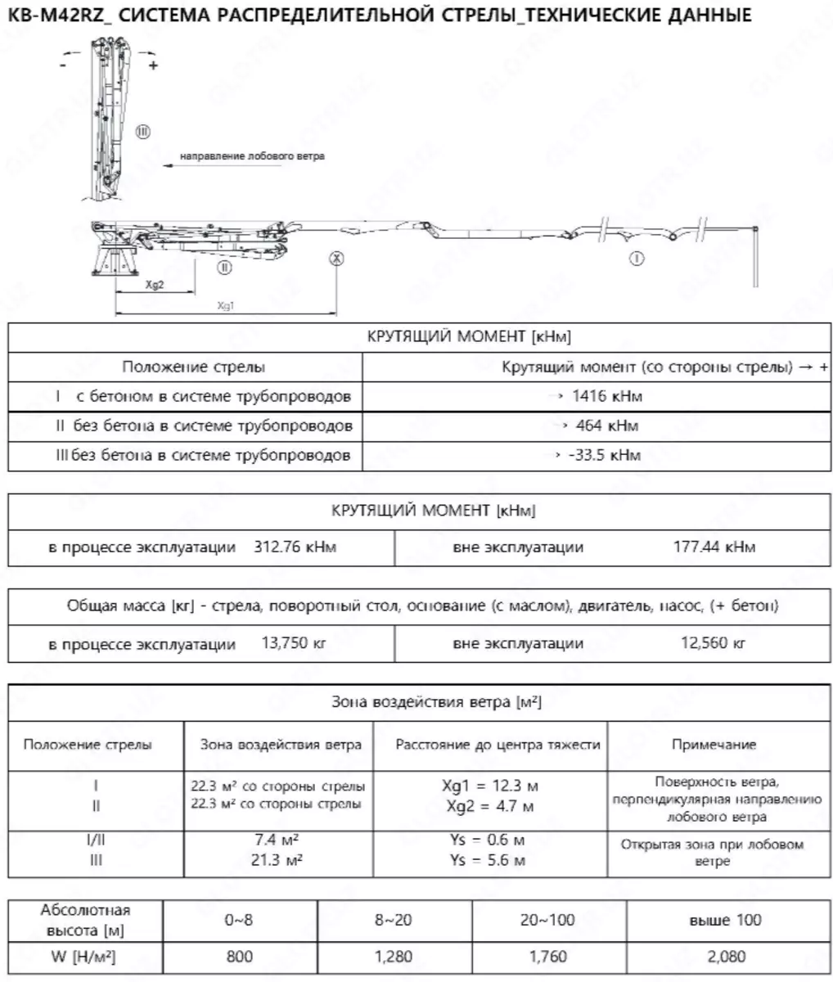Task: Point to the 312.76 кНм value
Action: [291, 547]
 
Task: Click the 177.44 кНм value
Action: [714, 547]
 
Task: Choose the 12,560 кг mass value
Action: [714, 642]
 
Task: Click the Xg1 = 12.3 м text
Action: [490, 786]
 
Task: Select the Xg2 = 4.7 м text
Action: [490, 806]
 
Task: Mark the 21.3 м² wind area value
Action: [277, 859]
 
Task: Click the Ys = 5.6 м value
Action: [487, 859]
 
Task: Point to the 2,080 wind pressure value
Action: [724, 956]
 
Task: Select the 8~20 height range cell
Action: [394, 920]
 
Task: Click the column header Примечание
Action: [714, 745]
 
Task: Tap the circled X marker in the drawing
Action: [336, 258]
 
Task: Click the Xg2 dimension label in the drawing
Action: [155, 285]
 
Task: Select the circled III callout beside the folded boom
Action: [142, 131]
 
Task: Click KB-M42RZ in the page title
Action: [53, 16]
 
